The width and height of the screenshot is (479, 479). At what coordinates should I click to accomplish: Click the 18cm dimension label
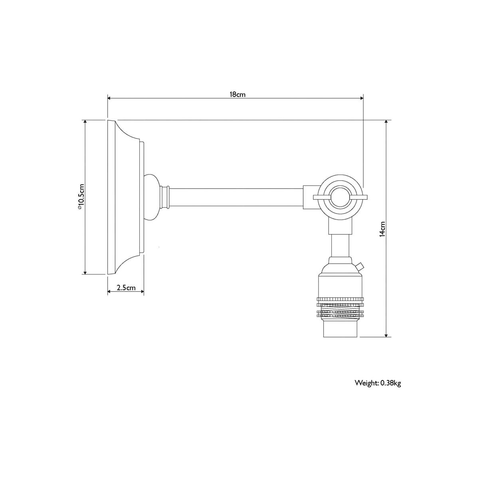[238, 95]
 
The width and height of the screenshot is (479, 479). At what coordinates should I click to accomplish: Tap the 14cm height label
[382, 229]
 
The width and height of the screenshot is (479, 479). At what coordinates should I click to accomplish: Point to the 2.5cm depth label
[126, 287]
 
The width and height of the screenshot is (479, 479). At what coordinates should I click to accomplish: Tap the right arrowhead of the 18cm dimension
[362, 98]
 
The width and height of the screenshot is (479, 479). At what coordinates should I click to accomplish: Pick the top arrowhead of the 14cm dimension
[386, 122]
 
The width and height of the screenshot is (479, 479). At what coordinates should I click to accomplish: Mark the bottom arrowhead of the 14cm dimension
[386, 335]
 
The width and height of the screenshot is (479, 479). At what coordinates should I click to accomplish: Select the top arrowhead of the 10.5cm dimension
[85, 122]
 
